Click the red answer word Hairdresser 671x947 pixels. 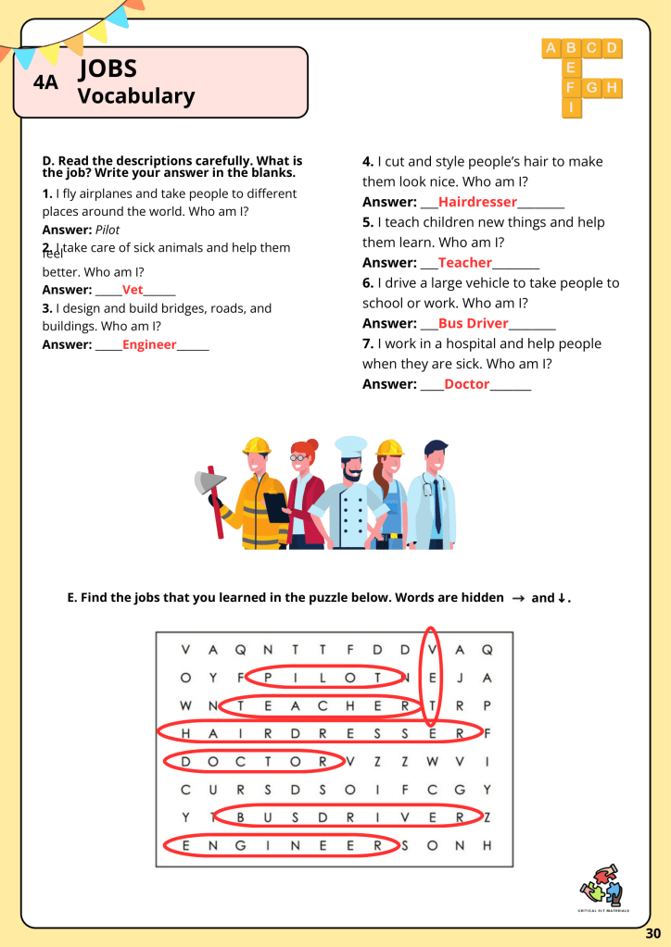(477, 202)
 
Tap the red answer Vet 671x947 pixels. (133, 290)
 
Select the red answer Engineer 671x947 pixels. (149, 344)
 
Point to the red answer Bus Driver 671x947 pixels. (473, 323)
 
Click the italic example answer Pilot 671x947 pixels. (108, 230)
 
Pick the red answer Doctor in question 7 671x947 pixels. (466, 384)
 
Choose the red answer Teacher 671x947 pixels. (464, 263)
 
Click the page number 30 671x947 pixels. (653, 933)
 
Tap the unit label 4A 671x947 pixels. (45, 82)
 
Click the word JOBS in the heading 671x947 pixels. (108, 68)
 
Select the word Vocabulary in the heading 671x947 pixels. (136, 95)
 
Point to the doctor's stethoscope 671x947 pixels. (429, 489)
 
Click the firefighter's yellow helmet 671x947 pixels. (256, 446)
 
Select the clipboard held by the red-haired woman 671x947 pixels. (276, 505)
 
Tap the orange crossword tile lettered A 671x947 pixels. (551, 48)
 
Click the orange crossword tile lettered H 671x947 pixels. (612, 88)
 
